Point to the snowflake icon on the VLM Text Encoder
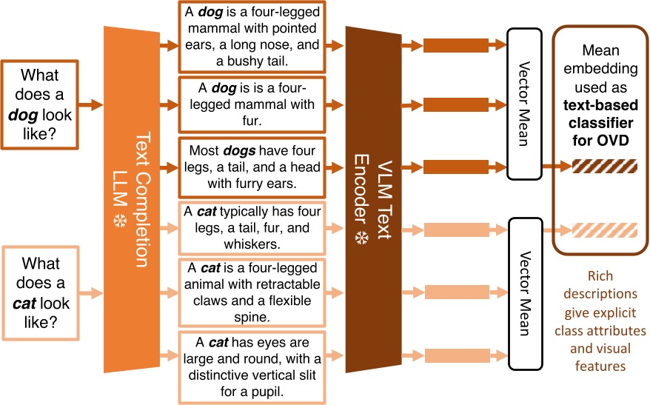click(x=363, y=238)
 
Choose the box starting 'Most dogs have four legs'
click(x=252, y=165)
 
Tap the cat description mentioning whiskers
click(x=252, y=227)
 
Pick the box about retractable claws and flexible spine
click(x=252, y=291)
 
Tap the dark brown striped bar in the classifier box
click(x=594, y=166)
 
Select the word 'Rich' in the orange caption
click(x=601, y=276)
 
